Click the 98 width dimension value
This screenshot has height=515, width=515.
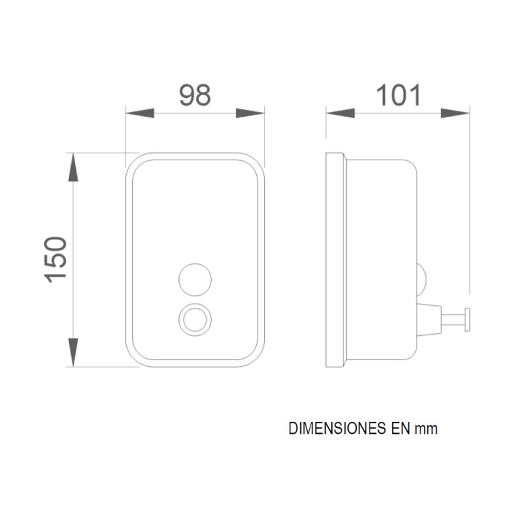click(x=195, y=96)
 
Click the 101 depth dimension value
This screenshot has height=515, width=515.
click(x=398, y=96)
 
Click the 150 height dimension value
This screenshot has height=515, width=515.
click(x=57, y=259)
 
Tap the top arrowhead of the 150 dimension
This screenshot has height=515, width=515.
click(x=74, y=168)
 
